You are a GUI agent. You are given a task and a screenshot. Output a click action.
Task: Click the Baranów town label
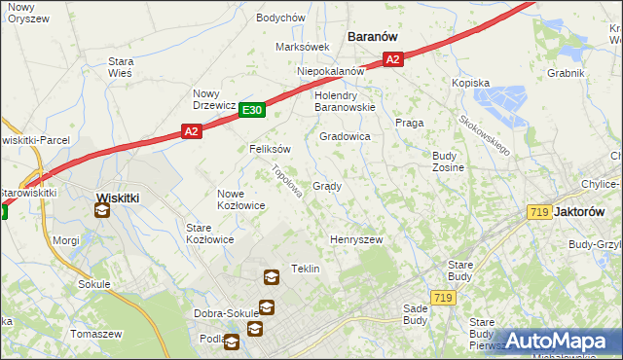[374, 36]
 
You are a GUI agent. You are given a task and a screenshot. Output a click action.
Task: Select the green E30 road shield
[252, 111]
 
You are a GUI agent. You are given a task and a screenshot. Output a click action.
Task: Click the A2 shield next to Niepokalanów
[391, 59]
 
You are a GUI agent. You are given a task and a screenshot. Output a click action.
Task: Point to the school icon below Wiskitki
[103, 209]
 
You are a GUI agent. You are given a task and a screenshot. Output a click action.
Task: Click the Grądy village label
[326, 186]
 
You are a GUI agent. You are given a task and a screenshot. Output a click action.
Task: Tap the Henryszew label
[356, 238]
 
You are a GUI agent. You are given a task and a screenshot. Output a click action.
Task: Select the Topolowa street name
[283, 180]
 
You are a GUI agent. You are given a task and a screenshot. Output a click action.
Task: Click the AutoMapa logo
[558, 341]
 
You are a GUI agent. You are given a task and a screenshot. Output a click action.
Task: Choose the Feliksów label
[271, 149]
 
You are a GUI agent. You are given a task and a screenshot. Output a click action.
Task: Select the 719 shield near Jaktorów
[537, 211]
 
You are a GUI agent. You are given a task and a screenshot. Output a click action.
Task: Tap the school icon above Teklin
[271, 276]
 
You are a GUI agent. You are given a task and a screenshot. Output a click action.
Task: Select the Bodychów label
[281, 18]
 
